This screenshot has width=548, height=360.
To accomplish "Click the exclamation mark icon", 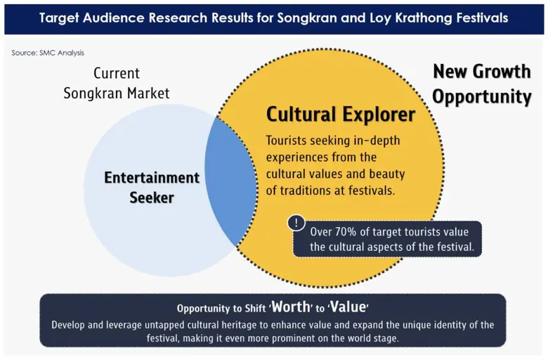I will [296, 223].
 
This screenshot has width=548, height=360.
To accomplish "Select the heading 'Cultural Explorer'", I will [341, 113].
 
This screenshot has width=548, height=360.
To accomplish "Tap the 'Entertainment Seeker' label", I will [152, 187].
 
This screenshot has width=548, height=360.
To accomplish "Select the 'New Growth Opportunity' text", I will [481, 84].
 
